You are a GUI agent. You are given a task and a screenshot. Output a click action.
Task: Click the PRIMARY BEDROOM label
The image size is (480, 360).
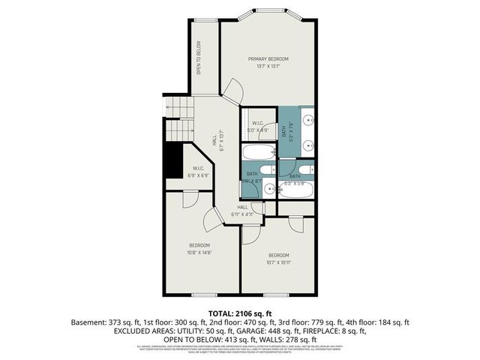(268, 58)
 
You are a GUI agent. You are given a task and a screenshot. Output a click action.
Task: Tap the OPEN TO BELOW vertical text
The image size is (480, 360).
(199, 58)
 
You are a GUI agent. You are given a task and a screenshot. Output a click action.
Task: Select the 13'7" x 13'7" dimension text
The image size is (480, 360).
(268, 66)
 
